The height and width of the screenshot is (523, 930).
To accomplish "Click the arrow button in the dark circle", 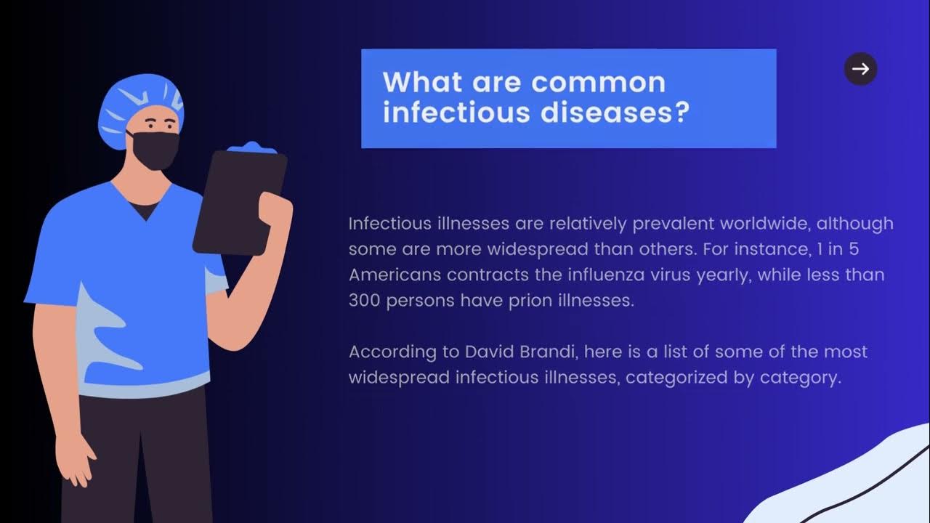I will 860,69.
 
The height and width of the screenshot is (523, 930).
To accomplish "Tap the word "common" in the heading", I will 598,82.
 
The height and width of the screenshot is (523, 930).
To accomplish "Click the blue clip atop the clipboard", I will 251,148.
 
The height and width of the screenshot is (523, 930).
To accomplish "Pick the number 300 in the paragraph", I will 365,301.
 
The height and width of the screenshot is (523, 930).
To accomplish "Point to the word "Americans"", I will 395,275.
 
